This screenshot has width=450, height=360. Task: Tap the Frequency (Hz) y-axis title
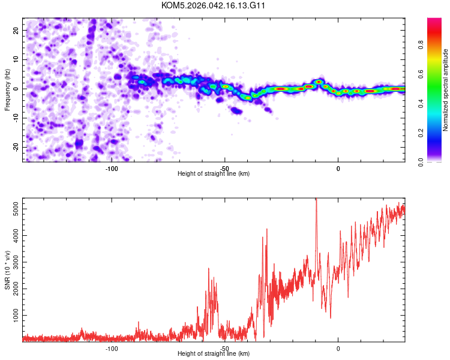[x=7, y=89]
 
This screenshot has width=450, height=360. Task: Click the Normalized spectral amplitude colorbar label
[x=446, y=89]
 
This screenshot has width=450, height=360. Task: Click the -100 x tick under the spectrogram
[x=112, y=168]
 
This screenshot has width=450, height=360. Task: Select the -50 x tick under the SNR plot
[x=224, y=348]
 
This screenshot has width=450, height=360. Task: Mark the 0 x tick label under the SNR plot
[x=338, y=348]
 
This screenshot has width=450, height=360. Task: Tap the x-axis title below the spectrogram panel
[x=214, y=174]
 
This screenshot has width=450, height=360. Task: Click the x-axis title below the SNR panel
[x=214, y=354]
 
